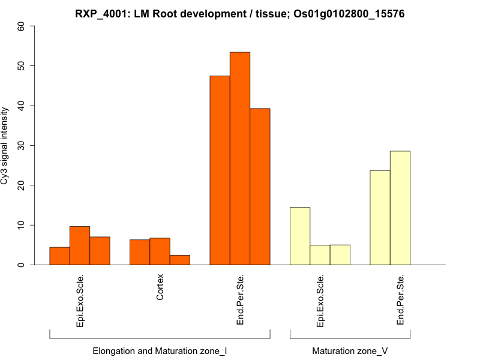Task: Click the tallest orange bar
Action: [x=240, y=158]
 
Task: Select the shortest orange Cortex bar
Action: [x=180, y=260]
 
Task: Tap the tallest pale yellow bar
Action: [x=400, y=208]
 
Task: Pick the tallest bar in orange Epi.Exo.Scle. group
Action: [x=80, y=245]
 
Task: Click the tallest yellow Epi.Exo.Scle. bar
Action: [x=300, y=236]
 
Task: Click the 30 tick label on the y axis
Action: [x=22, y=145]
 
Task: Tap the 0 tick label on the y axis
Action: [x=22, y=265]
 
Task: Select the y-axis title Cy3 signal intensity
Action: [x=7, y=145]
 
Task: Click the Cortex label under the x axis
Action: [x=160, y=287]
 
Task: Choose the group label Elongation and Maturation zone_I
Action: [x=160, y=350]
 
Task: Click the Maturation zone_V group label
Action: [x=350, y=350]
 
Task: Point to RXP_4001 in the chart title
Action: [x=103, y=14]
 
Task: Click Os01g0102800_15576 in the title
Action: [x=349, y=14]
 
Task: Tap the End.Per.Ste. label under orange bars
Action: [x=240, y=300]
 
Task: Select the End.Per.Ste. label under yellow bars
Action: [x=400, y=300]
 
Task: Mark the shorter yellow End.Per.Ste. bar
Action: [x=380, y=218]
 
